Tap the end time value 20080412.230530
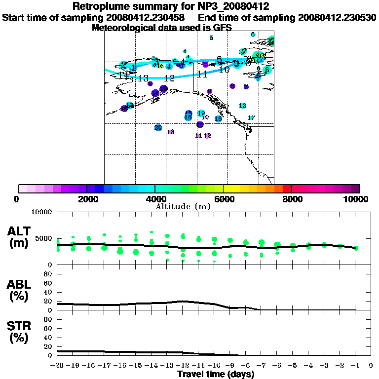[337, 18]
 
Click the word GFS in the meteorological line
[222, 28]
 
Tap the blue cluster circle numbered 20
[158, 128]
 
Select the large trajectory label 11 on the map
[201, 75]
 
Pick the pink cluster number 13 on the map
[171, 132]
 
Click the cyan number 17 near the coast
[251, 118]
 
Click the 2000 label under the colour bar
[87, 199]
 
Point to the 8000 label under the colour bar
[292, 199]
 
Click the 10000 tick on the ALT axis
[42, 213]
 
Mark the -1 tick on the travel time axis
[355, 365]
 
